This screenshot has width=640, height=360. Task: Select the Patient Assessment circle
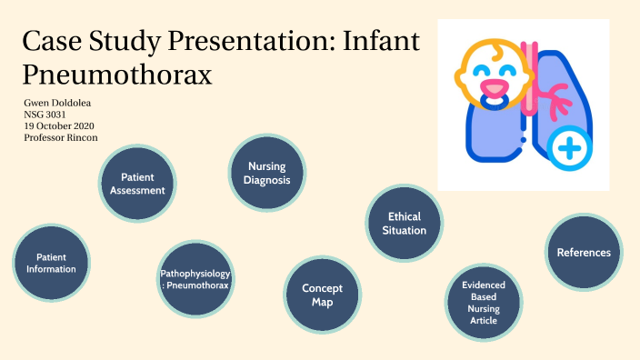pos(136,184)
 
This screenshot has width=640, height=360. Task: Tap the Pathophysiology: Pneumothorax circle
pos(195,279)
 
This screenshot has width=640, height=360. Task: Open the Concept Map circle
pos(322,295)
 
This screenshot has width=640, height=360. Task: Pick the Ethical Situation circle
pos(405,224)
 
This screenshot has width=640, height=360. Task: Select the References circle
pos(583,252)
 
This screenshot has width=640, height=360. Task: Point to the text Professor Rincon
pos(60,137)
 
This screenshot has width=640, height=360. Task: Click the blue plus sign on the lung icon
pos(570,147)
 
